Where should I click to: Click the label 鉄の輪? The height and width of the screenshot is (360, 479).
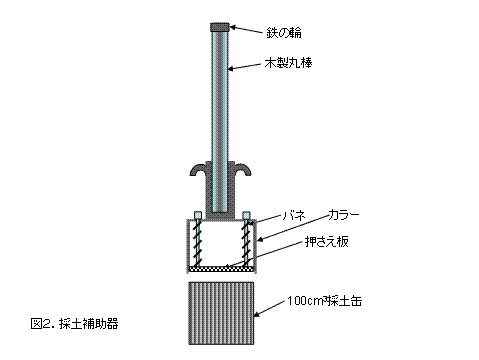click(x=284, y=33)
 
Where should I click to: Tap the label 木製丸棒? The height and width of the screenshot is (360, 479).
click(x=288, y=63)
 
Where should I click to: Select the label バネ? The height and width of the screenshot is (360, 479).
click(x=294, y=215)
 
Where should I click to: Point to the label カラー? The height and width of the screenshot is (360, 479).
click(x=344, y=215)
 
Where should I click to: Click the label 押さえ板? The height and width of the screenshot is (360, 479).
click(x=327, y=242)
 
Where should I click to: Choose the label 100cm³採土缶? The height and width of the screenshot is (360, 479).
click(x=324, y=301)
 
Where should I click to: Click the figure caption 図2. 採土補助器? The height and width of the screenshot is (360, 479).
click(x=74, y=324)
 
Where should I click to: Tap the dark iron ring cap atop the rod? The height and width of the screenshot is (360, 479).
click(x=220, y=27)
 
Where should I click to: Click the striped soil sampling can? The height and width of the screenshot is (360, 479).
click(x=221, y=313)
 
